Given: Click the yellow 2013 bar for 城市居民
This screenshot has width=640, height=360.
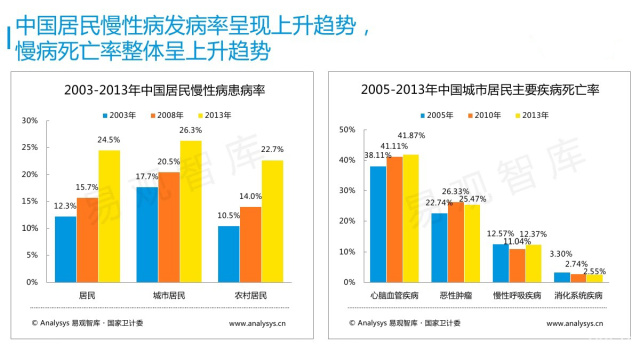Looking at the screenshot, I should [x=190, y=211].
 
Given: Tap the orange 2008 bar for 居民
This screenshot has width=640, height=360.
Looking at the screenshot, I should [x=87, y=240].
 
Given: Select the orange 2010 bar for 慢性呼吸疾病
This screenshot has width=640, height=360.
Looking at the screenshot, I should [x=516, y=265].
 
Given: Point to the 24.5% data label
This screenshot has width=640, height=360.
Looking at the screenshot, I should [x=108, y=140].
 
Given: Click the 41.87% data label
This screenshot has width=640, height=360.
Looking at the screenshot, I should [x=410, y=135].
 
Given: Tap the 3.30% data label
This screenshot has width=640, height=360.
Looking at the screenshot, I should [x=561, y=254].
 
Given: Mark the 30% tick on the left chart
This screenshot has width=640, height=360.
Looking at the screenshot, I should [x=30, y=120].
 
